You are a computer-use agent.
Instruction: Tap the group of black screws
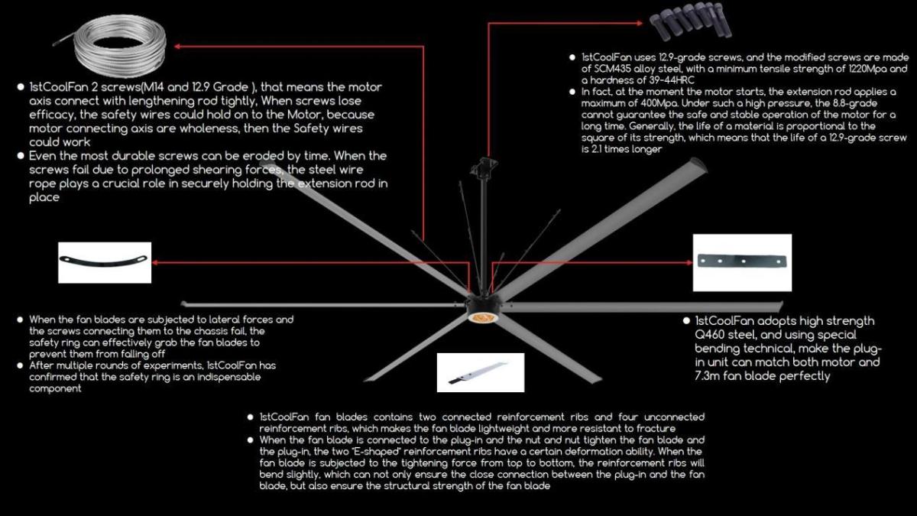coord(691,21)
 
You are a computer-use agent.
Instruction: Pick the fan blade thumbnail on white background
coord(481,373)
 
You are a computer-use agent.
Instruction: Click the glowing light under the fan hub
coord(483,318)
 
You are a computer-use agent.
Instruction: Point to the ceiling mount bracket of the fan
coord(484,165)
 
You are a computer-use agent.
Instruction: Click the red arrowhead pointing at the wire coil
coord(177,47)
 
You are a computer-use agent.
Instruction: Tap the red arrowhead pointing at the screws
coord(640,23)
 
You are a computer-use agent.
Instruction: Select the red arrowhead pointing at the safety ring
coord(155,262)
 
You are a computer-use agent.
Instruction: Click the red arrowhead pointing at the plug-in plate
coord(689,262)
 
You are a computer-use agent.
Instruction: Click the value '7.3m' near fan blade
coord(707,376)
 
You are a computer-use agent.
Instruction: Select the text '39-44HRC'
coord(672,80)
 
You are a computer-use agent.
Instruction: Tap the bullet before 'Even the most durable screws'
coord(21,156)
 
